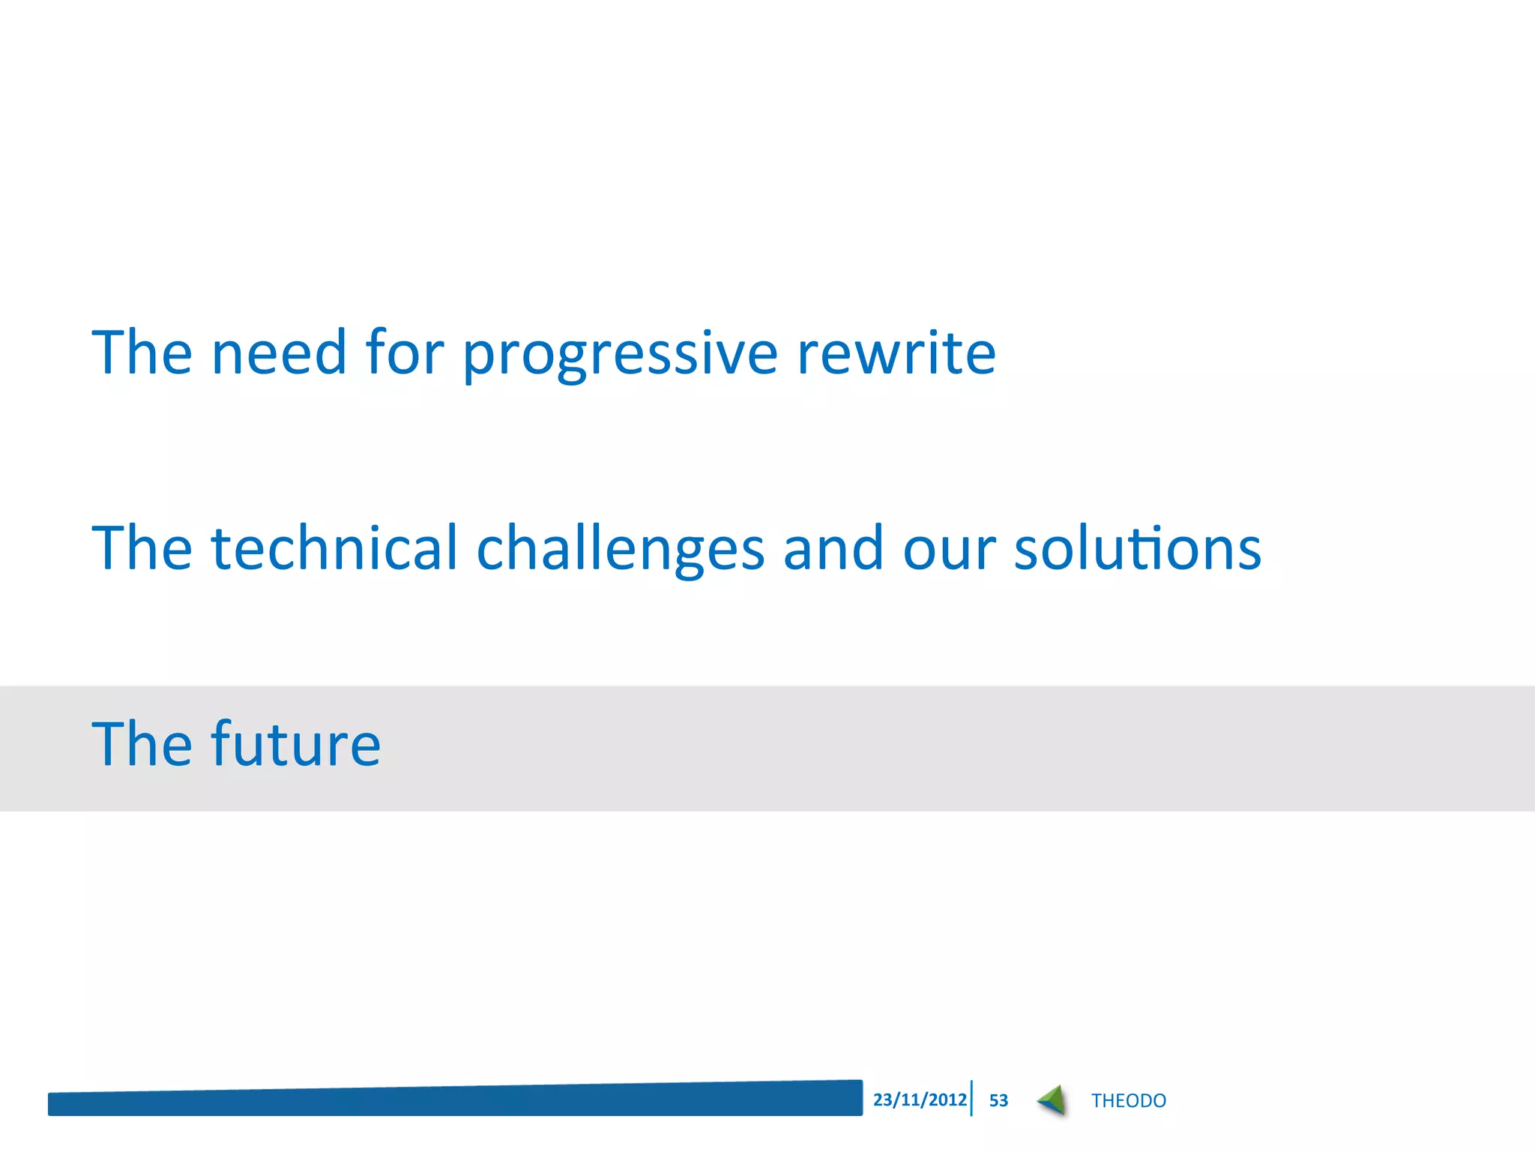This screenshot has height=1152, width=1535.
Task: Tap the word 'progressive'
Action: click(620, 354)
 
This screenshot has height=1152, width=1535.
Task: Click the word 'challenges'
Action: click(621, 549)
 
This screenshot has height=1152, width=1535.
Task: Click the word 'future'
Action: click(296, 744)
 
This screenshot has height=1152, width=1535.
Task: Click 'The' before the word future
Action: click(142, 744)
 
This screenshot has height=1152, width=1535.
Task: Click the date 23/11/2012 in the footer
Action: click(920, 1099)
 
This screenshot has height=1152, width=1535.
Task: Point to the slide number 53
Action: click(998, 1100)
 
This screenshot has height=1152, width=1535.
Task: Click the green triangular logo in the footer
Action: click(1052, 1100)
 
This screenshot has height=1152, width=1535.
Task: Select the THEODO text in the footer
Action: click(1128, 1100)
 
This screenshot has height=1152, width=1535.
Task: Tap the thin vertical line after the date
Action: click(971, 1098)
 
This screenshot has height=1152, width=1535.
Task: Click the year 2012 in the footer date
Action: click(948, 1099)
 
